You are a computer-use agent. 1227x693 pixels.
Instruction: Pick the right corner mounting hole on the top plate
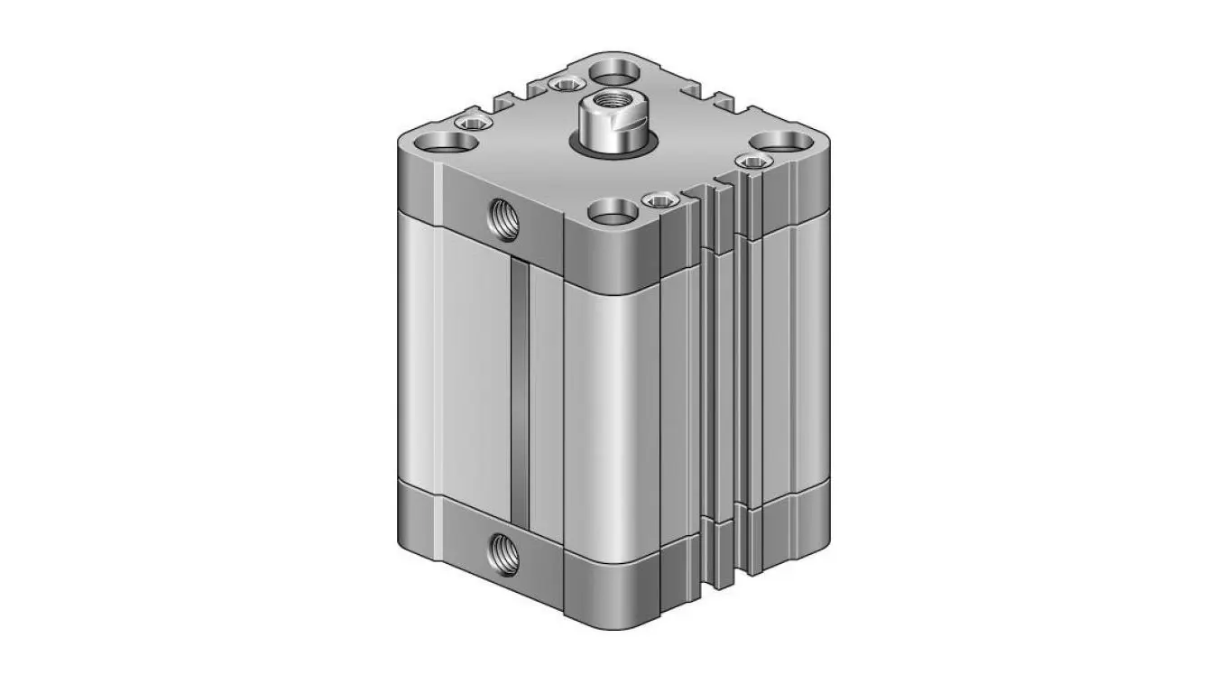(781, 141)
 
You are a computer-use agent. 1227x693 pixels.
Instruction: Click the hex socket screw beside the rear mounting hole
(566, 86)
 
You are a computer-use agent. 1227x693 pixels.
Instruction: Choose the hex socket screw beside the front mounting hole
(660, 199)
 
